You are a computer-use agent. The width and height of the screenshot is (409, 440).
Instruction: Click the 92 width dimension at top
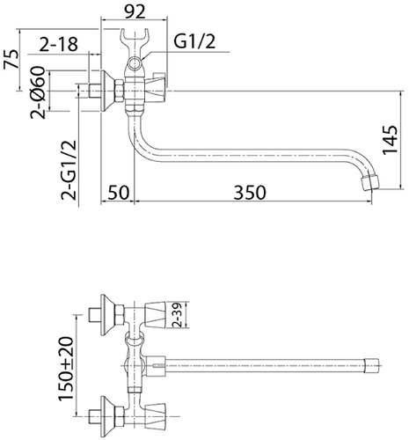[x=135, y=11]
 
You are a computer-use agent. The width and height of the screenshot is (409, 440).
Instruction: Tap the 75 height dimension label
[x=11, y=60]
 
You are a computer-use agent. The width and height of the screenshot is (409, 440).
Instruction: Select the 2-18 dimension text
[x=59, y=44]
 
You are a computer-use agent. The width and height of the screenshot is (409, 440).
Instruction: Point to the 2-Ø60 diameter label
[x=39, y=92]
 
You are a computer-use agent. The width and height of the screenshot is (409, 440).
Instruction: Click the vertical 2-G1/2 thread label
[x=69, y=170]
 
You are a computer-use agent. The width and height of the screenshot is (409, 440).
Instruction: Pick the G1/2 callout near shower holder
[x=194, y=41]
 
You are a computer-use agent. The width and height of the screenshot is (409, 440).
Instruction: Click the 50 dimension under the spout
[x=118, y=193]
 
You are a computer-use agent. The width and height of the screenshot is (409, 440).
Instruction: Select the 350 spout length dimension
[x=250, y=193]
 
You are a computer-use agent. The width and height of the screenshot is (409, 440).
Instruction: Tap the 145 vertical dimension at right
[x=391, y=140]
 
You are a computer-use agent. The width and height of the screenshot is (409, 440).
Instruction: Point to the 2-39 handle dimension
[x=178, y=315]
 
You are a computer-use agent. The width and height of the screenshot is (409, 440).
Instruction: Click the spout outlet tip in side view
[x=369, y=182]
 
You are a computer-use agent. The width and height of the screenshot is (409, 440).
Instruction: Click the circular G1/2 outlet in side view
[x=135, y=64]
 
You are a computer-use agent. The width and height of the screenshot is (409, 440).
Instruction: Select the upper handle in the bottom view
[x=156, y=315]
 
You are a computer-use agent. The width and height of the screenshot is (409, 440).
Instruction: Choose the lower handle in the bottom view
[x=156, y=416]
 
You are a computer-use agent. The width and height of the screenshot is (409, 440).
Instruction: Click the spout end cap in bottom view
[x=371, y=365]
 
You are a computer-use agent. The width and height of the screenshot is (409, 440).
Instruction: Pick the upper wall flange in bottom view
[x=107, y=315]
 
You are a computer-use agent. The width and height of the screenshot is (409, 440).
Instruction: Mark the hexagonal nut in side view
[x=120, y=91]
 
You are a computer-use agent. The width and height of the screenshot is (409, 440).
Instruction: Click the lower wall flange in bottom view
[x=107, y=416]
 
